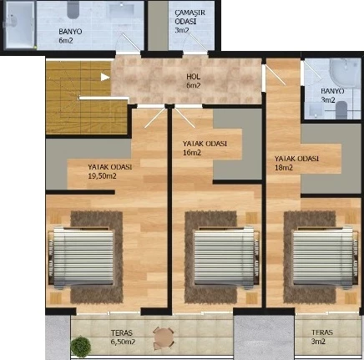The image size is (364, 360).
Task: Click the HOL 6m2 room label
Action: point(194,81)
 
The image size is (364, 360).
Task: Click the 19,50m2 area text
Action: point(102,176)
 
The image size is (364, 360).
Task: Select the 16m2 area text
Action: point(192,153)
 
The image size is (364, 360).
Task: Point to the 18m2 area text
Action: point(284,168)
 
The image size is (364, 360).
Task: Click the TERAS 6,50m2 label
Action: point(123,337)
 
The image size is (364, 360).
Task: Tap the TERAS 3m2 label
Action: point(322,337)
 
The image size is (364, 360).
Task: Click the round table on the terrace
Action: point(164,337)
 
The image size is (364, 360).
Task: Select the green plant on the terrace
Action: point(81,346)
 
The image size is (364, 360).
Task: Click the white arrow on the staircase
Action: point(105,77)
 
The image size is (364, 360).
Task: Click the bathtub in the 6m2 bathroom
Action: point(20,25)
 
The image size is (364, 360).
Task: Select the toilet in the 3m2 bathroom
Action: point(341,110)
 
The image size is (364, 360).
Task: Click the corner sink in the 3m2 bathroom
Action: point(345,71)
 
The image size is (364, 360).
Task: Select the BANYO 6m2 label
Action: point(70,36)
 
